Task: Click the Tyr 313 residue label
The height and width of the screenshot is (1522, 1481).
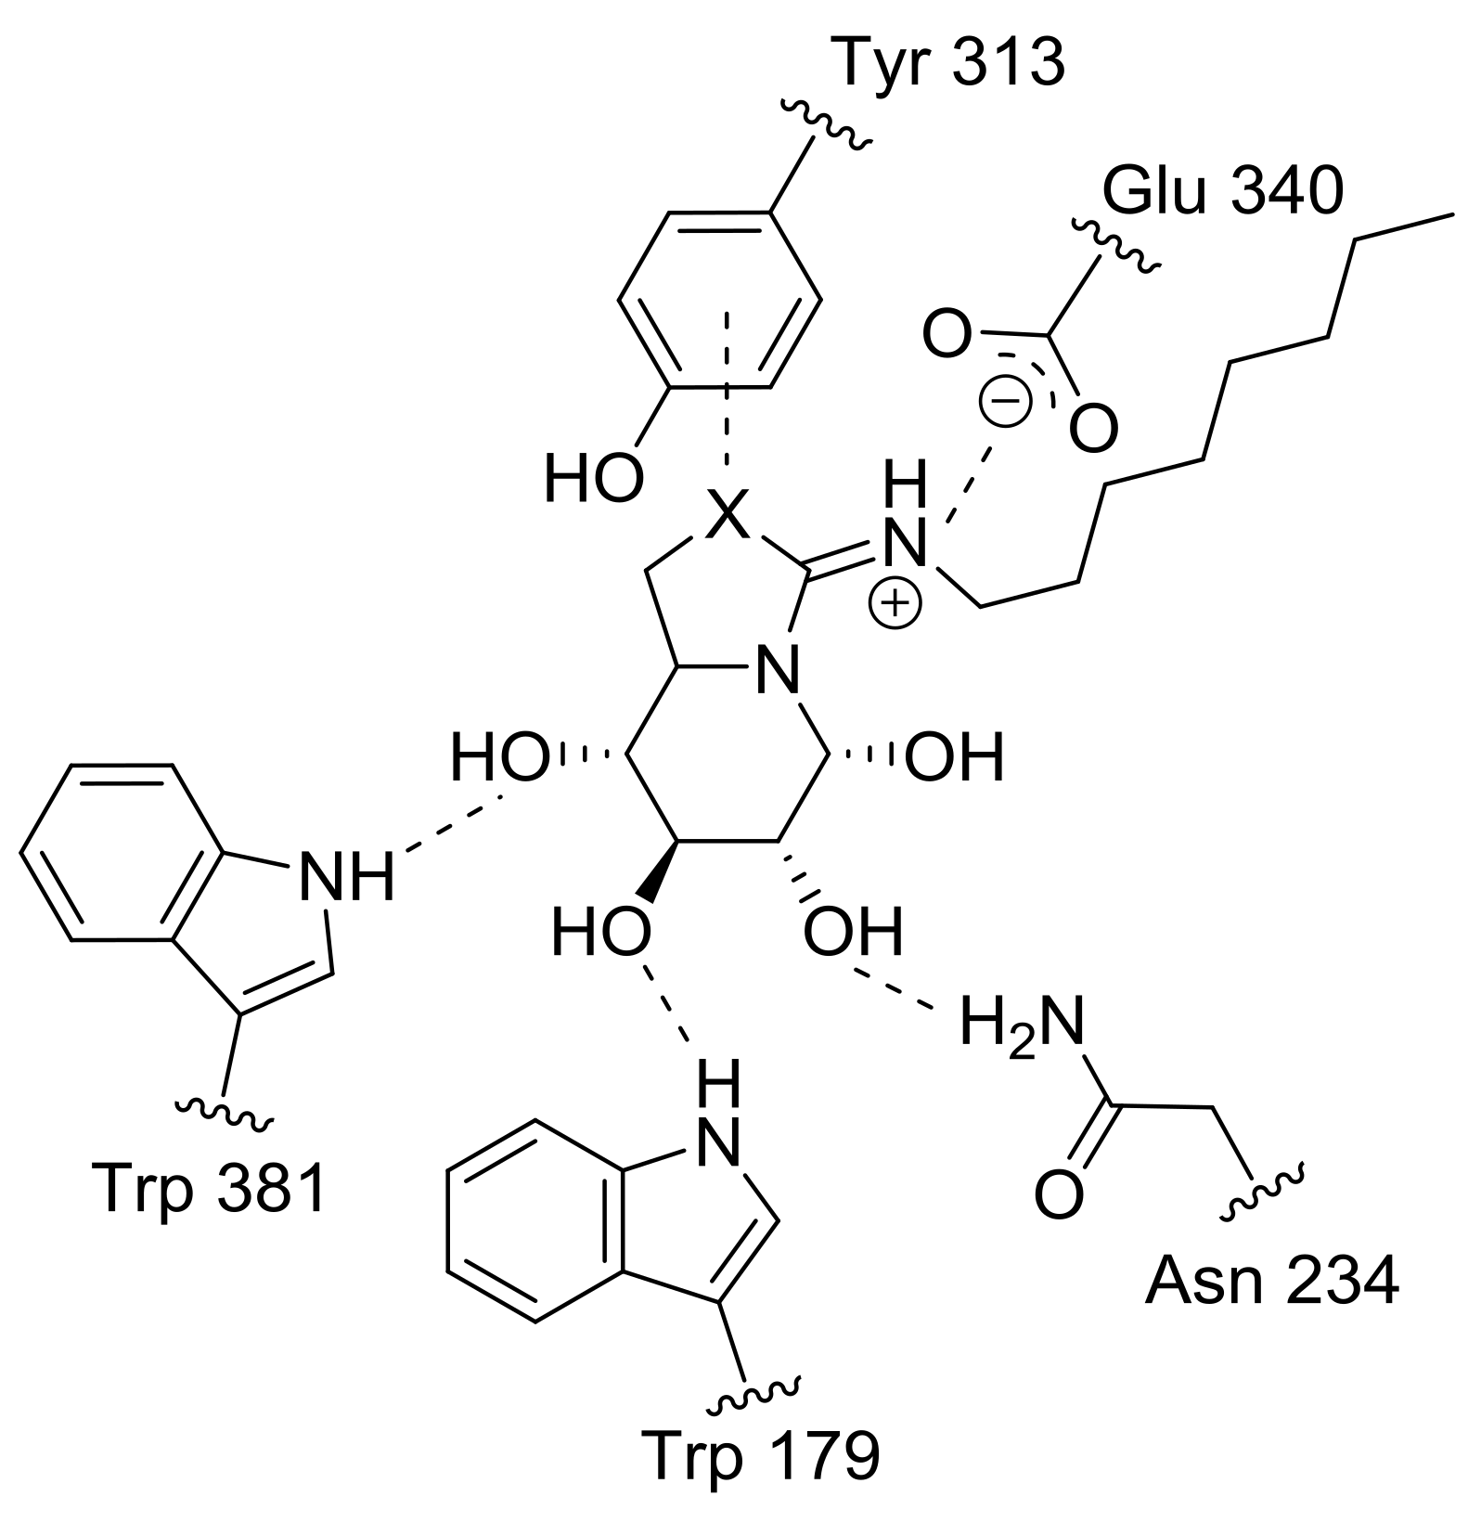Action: (x=950, y=62)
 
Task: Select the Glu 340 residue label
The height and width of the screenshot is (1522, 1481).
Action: (x=1222, y=192)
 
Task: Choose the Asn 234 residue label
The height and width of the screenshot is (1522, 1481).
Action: (x=1271, y=1283)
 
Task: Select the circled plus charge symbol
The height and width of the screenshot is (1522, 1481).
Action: (x=895, y=604)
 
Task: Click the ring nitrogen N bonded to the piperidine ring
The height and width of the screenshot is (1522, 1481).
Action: (x=777, y=671)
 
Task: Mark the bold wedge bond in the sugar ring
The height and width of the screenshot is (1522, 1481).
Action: (x=658, y=870)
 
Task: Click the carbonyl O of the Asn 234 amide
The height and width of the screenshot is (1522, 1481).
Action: (x=1059, y=1195)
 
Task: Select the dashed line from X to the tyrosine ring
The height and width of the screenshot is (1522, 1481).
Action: (x=727, y=390)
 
